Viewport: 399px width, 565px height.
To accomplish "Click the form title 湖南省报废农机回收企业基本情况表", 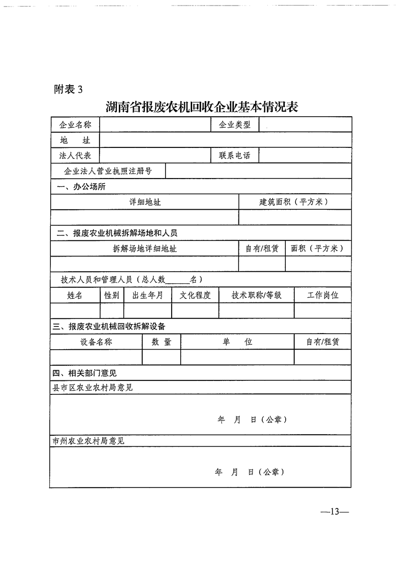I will pyautogui.click(x=202, y=107).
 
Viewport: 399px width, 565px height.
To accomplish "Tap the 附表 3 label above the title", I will pyautogui.click(x=67, y=90).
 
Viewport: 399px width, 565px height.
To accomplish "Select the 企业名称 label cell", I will pyautogui.click(x=75, y=125).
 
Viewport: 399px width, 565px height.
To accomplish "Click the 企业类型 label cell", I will pyautogui.click(x=234, y=125).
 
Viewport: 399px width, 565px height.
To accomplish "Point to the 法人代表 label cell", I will pyautogui.click(x=75, y=155).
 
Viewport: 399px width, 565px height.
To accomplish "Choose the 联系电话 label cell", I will pyautogui.click(x=234, y=155).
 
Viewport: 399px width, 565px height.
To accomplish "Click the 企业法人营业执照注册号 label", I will pyautogui.click(x=108, y=171).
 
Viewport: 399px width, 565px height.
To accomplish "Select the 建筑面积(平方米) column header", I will pyautogui.click(x=294, y=202).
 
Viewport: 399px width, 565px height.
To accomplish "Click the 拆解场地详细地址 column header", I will pyautogui.click(x=145, y=249).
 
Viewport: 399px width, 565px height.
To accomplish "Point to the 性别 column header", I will pyautogui.click(x=112, y=295).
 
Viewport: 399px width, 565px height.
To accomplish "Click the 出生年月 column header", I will pyautogui.click(x=147, y=295).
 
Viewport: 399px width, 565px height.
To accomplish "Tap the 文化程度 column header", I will pyautogui.click(x=195, y=295).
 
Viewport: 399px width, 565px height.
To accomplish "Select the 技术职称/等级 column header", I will pyautogui.click(x=257, y=295).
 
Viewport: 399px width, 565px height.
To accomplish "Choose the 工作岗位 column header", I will pyautogui.click(x=323, y=295).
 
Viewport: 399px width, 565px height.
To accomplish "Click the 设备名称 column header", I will pyautogui.click(x=96, y=342).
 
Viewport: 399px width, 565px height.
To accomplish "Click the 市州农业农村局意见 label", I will pyautogui.click(x=89, y=441).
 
